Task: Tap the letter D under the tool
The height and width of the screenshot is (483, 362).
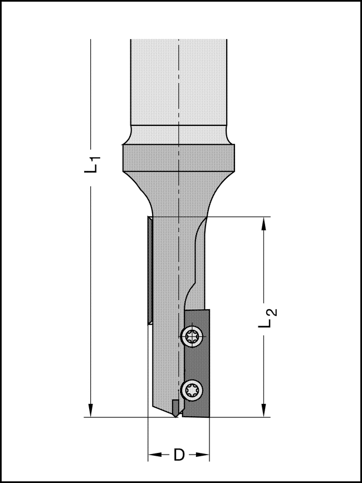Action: click(178, 455)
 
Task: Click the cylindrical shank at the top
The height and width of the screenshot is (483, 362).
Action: click(178, 84)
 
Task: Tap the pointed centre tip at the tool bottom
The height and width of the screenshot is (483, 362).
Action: click(177, 415)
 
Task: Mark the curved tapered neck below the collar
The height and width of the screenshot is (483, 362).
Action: click(178, 195)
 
